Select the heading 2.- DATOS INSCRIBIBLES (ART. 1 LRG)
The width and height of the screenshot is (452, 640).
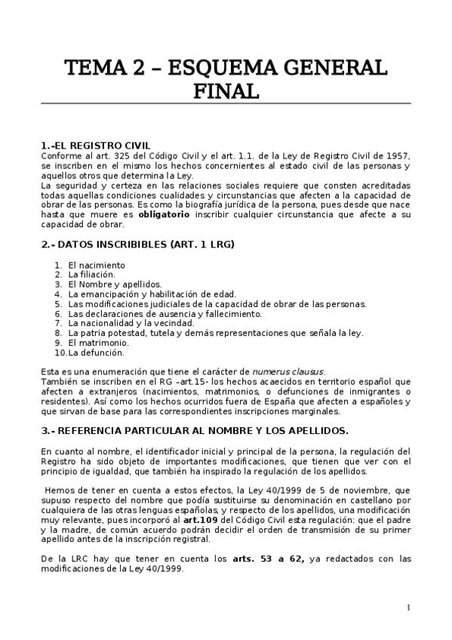138,245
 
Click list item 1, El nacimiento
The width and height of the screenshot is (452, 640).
96,265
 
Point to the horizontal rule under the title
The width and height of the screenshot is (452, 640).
226,103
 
